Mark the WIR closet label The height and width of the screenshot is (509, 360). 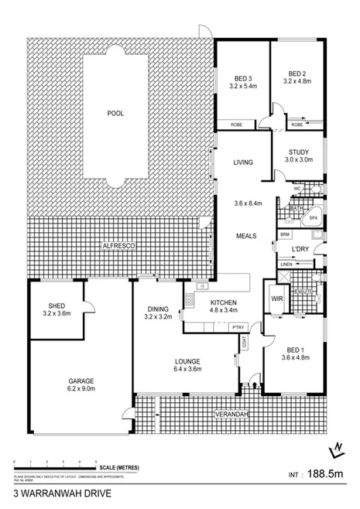tap(276, 298)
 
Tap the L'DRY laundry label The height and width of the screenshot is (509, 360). tap(300, 249)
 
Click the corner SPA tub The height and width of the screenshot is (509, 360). tap(314, 217)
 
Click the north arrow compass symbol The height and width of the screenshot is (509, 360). tap(338, 449)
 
